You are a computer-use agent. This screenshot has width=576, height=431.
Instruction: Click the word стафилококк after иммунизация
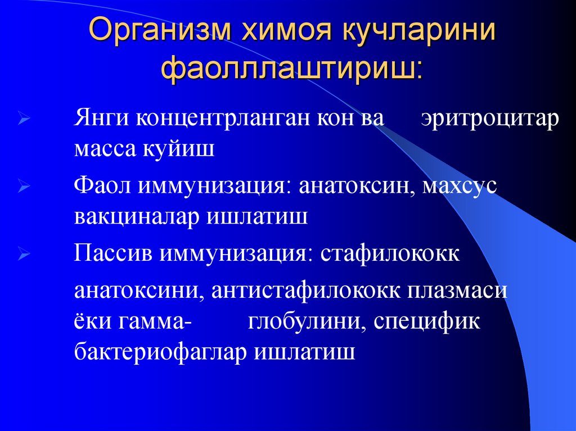(x=390, y=253)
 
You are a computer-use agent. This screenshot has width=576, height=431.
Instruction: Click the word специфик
(x=428, y=322)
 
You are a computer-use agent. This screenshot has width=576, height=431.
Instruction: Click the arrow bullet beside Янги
(x=24, y=121)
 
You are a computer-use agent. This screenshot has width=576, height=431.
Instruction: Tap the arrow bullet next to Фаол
(x=24, y=187)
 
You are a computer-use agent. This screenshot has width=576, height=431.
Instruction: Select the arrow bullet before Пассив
(x=24, y=254)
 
